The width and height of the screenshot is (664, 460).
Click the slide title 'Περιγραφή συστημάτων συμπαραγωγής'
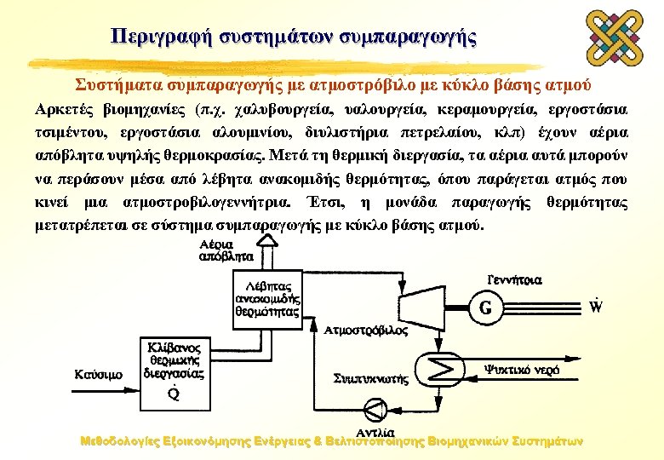[294, 37]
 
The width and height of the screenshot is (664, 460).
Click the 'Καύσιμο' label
[99, 374]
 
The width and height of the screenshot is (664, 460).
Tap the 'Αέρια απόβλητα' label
[226, 249]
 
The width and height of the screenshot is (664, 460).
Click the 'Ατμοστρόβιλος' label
[366, 331]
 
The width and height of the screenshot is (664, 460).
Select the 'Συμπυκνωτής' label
[371, 377]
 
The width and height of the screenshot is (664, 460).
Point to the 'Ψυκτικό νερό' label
[522, 369]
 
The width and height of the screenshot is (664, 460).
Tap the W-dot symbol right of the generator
[595, 304]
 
